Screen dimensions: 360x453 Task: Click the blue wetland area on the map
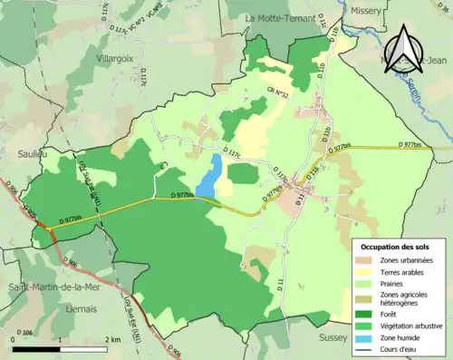point(209,176)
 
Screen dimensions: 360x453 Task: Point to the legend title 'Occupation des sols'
point(395,247)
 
